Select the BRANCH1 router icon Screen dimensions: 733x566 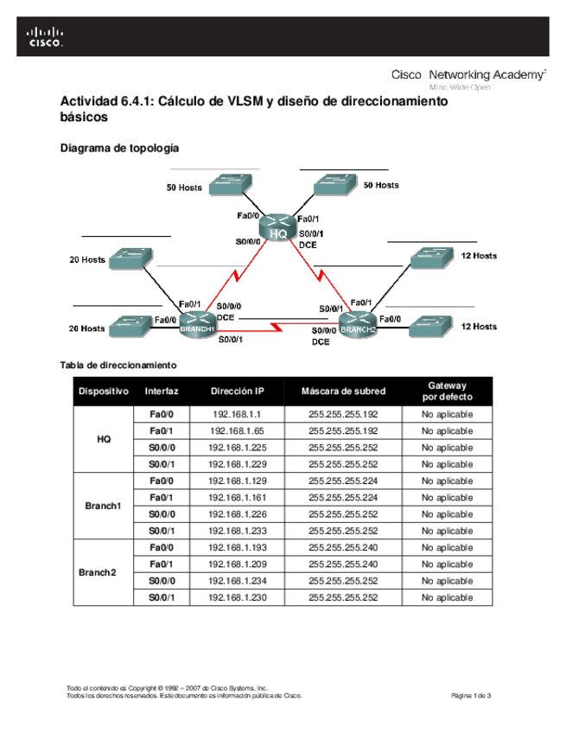(x=196, y=325)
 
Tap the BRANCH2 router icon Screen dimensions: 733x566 (x=357, y=325)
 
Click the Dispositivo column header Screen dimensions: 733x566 (x=103, y=392)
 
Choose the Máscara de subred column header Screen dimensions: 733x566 (x=343, y=392)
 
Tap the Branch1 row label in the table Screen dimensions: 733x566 (x=103, y=506)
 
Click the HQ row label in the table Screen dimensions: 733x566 (x=103, y=439)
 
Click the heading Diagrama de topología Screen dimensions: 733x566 (x=118, y=149)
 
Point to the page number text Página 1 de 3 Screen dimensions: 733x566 (x=472, y=696)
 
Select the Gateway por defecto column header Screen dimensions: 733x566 (x=447, y=392)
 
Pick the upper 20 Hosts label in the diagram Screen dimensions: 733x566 (x=87, y=259)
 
